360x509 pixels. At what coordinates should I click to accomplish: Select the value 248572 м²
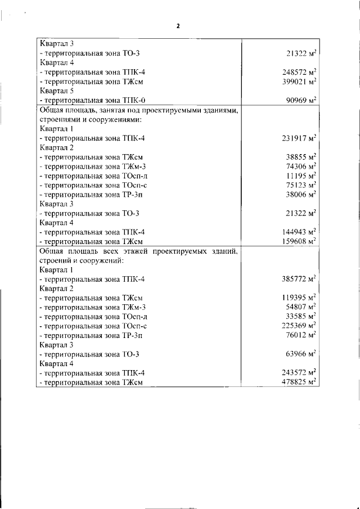pos(299,73)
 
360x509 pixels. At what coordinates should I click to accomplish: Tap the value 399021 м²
pos(299,82)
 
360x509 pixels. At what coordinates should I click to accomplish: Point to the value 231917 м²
pos(299,138)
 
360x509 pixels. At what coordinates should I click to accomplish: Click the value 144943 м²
pos(299,232)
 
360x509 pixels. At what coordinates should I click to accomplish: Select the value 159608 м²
pos(299,241)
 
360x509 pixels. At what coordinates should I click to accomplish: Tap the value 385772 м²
pos(299,279)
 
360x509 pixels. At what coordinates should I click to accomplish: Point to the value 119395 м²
pos(299,298)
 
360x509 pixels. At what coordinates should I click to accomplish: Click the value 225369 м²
pos(299,326)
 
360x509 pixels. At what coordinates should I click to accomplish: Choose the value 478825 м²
pos(299,382)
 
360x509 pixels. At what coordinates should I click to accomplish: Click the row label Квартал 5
pos(56,91)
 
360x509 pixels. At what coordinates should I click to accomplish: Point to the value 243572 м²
pos(299,373)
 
